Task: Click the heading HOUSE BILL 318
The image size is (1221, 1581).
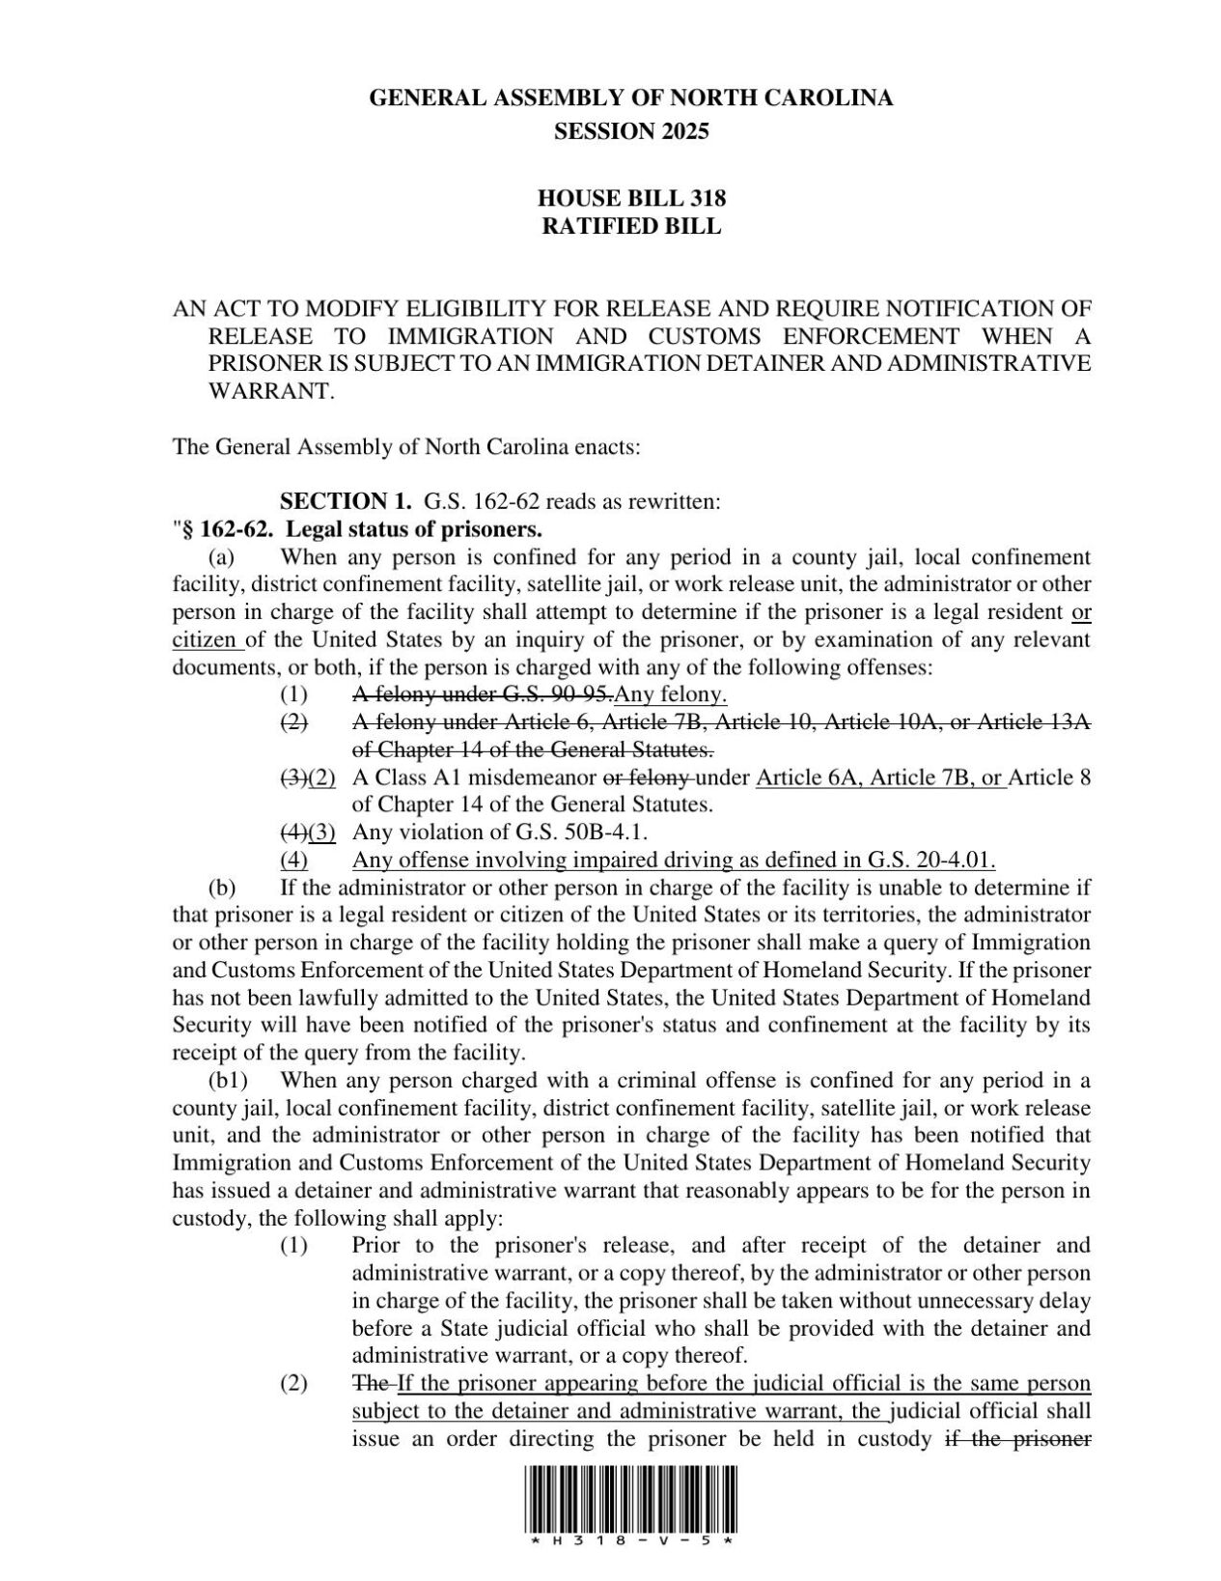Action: [631, 199]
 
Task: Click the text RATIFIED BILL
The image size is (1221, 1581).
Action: [631, 227]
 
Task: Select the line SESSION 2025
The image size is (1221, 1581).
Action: [631, 131]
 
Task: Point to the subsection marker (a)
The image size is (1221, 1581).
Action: [221, 557]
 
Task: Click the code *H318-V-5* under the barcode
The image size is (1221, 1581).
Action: [631, 1542]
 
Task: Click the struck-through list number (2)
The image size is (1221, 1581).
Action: [293, 721]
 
